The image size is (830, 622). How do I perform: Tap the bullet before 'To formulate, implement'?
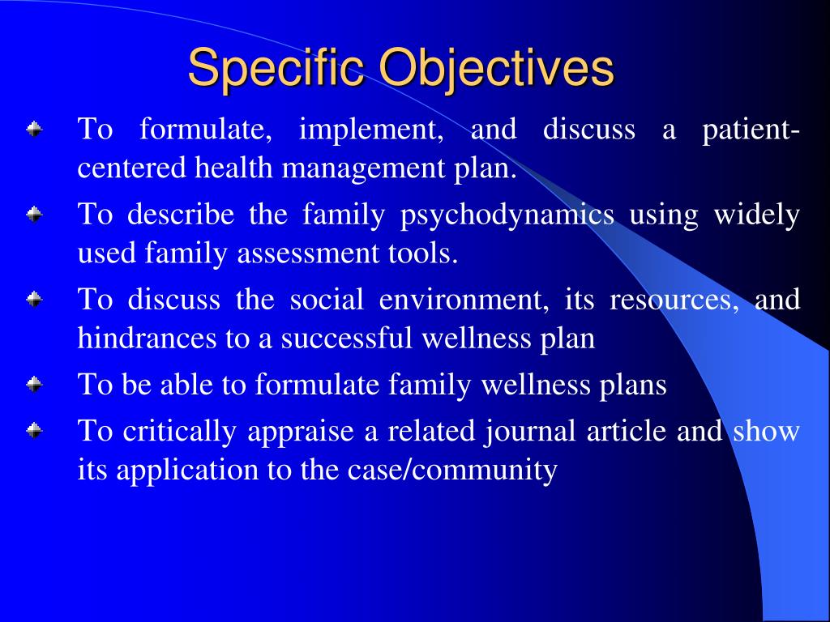(33, 129)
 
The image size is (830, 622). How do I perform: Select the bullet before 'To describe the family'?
(33, 215)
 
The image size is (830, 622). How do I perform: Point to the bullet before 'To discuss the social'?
(33, 300)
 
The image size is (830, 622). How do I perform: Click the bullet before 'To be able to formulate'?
(33, 385)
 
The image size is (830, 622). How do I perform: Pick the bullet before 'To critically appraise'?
(33, 431)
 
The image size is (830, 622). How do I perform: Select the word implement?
(370, 130)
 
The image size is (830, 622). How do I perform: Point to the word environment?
(460, 300)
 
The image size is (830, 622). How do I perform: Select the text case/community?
(474, 471)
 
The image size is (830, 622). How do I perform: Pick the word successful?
(348, 339)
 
